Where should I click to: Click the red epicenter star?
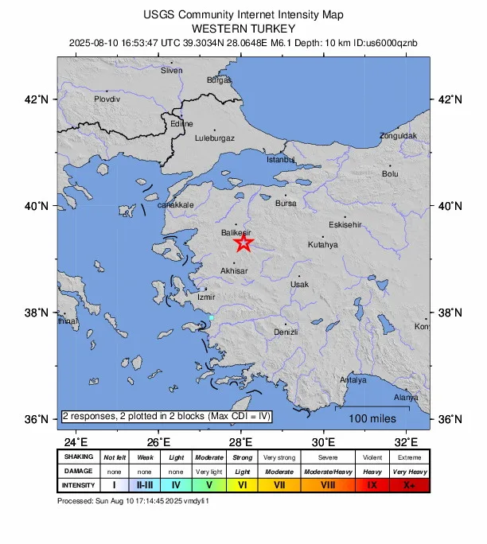[x=243, y=243]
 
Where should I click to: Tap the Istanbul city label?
[x=280, y=159]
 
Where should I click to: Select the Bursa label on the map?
[x=286, y=204]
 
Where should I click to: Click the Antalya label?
[x=353, y=380]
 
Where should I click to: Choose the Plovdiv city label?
[x=107, y=99]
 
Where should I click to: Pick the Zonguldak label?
[x=398, y=135]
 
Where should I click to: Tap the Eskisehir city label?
[x=345, y=224]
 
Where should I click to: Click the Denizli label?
[x=285, y=332]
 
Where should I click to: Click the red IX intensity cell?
[x=372, y=485]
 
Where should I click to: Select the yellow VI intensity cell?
[x=242, y=485]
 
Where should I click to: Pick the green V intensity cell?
[x=209, y=485]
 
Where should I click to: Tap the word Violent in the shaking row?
[x=372, y=457]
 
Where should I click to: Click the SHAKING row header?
[x=79, y=457]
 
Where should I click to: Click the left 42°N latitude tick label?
[x=38, y=99]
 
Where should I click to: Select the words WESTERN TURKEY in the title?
[x=243, y=28]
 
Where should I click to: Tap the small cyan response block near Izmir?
[x=211, y=318]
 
